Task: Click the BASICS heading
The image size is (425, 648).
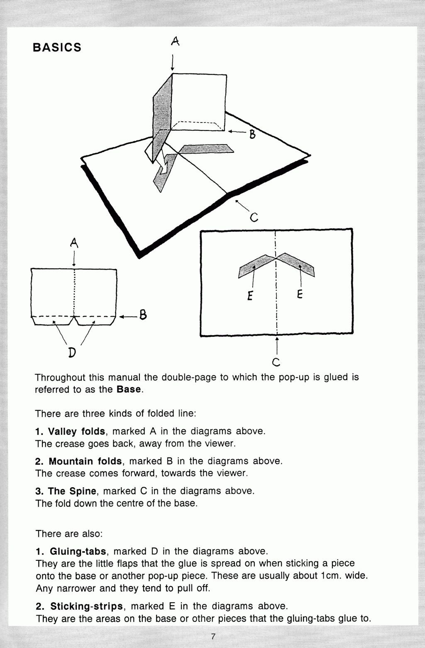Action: point(57,47)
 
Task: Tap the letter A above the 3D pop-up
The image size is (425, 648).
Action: point(175,41)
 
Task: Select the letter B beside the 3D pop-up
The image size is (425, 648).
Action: point(252,135)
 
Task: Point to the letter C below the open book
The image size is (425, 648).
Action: point(254,217)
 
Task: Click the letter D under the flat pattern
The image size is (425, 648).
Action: point(72,353)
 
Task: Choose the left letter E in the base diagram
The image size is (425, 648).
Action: point(250,295)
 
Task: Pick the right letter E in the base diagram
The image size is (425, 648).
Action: point(300,295)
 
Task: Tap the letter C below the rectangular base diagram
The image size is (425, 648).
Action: point(276,362)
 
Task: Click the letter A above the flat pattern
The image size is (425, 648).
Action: point(74,243)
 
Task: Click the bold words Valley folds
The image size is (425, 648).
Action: point(76,431)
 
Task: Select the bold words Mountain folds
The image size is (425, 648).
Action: point(85,461)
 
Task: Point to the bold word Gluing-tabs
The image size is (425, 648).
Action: point(78,551)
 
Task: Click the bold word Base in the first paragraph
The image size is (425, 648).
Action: point(129,390)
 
